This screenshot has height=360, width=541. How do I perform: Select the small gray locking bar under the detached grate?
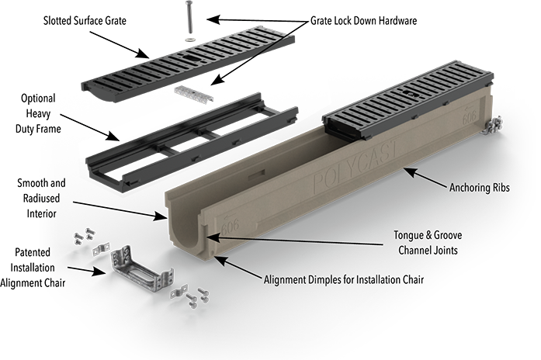196,93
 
